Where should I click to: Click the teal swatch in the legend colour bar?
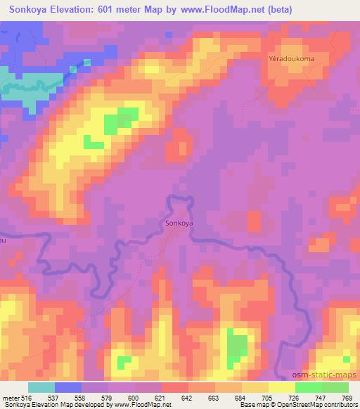point(41,387)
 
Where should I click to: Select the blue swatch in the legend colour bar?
point(68,387)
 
